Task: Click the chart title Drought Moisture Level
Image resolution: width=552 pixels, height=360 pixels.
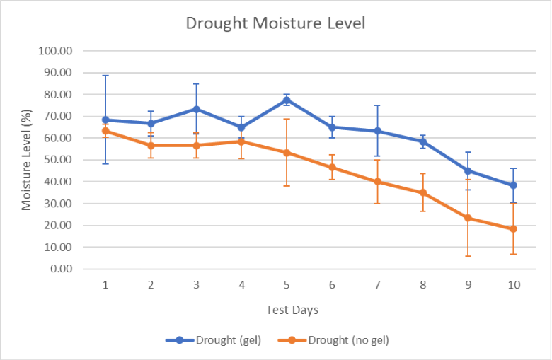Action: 275,23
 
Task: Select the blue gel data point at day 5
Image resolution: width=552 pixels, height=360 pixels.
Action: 287,100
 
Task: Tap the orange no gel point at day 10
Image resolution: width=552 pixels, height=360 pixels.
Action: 513,229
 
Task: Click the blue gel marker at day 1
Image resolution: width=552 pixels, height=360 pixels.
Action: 105,120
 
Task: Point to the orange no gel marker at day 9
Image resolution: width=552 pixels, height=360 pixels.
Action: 468,218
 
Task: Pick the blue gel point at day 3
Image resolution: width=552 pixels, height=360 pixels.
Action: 196,110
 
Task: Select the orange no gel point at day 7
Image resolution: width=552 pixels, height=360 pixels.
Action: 377,182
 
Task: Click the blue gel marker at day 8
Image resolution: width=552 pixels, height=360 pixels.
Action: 422,142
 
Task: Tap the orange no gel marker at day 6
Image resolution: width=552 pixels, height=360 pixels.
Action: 332,168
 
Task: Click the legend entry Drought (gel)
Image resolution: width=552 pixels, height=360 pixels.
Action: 213,340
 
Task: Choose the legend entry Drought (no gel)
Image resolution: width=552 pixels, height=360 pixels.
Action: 333,340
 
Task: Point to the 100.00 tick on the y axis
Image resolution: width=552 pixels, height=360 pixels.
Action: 55,51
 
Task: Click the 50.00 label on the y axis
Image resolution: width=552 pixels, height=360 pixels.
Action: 58,160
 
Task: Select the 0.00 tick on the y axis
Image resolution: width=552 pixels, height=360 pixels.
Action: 62,269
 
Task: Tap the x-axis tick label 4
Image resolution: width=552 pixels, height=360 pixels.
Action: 241,285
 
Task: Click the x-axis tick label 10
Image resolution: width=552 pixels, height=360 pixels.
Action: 514,285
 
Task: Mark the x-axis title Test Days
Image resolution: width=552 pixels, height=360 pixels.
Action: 292,310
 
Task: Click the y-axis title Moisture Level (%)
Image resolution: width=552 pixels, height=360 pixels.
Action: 26,160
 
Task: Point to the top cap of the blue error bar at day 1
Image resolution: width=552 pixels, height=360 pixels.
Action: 105,75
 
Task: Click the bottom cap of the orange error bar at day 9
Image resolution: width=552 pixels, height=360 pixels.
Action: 468,256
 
